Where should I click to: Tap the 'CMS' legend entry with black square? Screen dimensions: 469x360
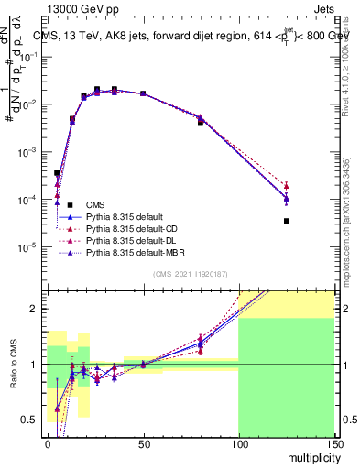tap(96, 204)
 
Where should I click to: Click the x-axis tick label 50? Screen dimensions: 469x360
tap(142, 444)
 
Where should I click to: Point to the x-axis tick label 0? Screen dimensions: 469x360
tap(48, 444)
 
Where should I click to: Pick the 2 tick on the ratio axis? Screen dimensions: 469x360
tap(37, 309)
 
